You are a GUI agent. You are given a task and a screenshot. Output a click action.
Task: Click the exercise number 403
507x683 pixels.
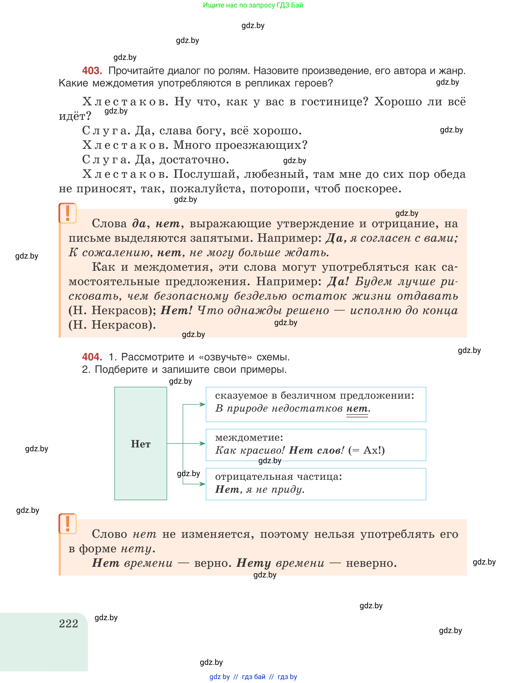coord(92,71)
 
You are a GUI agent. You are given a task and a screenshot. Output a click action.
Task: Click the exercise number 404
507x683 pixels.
coord(92,357)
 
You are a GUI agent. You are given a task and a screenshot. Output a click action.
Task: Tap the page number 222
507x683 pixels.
coord(68,624)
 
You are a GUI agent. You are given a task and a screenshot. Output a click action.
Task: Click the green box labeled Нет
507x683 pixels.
coord(140,444)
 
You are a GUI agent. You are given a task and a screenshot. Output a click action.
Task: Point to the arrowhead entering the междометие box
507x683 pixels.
coord(203,444)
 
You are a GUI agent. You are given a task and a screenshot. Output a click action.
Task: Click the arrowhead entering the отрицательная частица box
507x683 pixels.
coord(203,484)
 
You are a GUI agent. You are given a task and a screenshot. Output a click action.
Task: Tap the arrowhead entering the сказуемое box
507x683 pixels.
coord(203,404)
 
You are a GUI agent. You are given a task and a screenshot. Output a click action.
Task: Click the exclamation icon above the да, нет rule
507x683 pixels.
coord(68,213)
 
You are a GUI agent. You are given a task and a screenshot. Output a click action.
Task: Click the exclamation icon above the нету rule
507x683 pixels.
coord(68,524)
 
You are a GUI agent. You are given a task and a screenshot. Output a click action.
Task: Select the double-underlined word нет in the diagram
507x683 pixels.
coord(357,409)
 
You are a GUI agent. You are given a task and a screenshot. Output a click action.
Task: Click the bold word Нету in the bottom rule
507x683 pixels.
coord(254,563)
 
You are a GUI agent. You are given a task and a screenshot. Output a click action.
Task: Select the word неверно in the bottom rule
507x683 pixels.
coord(371,563)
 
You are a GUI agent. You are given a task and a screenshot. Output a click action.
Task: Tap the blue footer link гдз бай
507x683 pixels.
coord(254,677)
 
